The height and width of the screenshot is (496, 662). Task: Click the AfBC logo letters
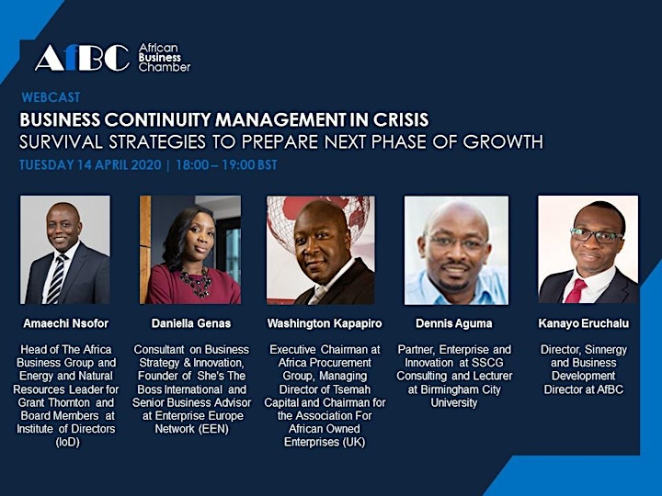coord(83,58)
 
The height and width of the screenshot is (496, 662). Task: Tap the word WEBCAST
coord(51,97)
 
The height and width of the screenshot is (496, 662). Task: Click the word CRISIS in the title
coord(401,120)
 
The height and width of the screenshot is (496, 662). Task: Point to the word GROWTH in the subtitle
coord(503,142)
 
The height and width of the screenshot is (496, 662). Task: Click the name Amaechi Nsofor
coord(66,323)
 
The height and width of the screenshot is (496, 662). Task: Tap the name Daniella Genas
coord(191,323)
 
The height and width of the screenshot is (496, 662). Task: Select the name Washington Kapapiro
coord(325,323)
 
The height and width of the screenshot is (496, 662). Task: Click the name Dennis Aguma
coord(454,323)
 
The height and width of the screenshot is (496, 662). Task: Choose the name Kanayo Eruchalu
coord(584,323)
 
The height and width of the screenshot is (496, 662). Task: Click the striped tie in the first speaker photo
coord(57,279)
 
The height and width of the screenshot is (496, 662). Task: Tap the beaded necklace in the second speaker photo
coord(196,282)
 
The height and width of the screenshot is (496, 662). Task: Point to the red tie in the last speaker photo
coord(576,290)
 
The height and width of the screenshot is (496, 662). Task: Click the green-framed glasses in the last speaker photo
coord(596,235)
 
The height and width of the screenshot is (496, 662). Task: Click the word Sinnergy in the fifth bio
coord(606,350)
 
